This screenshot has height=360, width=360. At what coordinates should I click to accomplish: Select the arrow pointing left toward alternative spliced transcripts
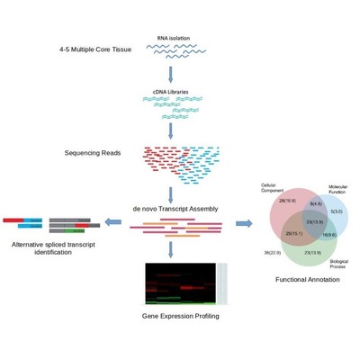114,221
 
